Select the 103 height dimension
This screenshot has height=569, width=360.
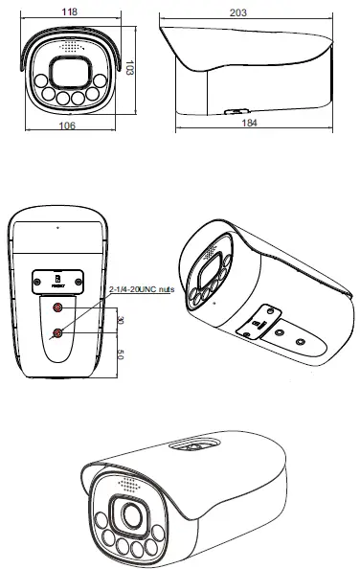130,70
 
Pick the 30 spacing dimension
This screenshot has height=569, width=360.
119,320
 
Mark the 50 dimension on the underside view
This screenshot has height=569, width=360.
119,355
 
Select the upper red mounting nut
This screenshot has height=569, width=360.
59,308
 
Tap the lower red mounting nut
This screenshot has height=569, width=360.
59,332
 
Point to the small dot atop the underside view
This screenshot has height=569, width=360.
56,227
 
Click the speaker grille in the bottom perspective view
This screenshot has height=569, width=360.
126,486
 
